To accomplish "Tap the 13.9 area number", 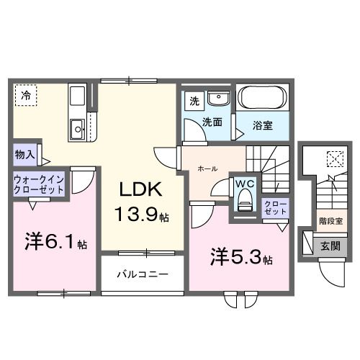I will click(x=140, y=214).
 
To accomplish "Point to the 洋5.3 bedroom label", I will click(x=240, y=256).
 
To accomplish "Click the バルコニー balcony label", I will click(x=143, y=275).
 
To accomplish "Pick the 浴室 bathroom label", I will click(x=262, y=125).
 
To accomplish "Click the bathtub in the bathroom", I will click(x=262, y=98).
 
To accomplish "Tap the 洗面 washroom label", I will click(x=211, y=122).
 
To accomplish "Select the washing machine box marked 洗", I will click(x=192, y=102).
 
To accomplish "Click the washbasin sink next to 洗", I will click(x=216, y=99).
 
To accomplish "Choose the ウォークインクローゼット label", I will click(x=37, y=184).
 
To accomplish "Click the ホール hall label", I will click(x=208, y=168).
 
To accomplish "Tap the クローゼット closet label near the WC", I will click(x=274, y=210).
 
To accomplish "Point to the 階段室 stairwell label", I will click(x=331, y=222).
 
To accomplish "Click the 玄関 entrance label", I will click(x=331, y=246).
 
